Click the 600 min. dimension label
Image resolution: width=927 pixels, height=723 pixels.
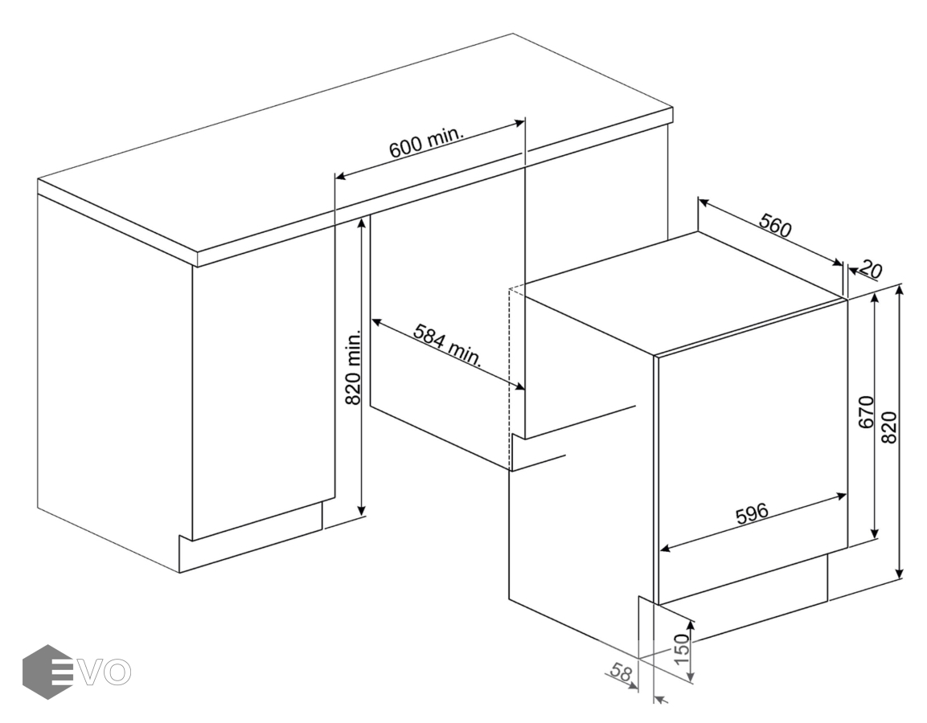(425, 142)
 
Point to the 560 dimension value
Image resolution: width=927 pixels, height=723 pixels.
(775, 226)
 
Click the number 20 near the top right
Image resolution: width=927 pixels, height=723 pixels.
(870, 269)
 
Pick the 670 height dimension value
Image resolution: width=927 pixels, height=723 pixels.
(866, 411)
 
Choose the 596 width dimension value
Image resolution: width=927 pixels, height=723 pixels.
(752, 513)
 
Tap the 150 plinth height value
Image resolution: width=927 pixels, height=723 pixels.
(682, 648)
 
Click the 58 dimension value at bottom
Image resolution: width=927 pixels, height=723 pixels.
(621, 673)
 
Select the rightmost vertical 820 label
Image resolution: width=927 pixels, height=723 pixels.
(889, 427)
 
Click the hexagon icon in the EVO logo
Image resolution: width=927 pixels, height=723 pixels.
(47, 672)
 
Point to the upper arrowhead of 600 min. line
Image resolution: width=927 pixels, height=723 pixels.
(519, 123)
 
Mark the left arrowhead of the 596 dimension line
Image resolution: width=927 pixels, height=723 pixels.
(665, 549)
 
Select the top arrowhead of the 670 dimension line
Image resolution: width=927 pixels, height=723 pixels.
(876, 298)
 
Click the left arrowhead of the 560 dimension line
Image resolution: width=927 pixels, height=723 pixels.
(703, 202)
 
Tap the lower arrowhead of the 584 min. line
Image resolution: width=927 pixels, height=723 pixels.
(519, 386)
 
